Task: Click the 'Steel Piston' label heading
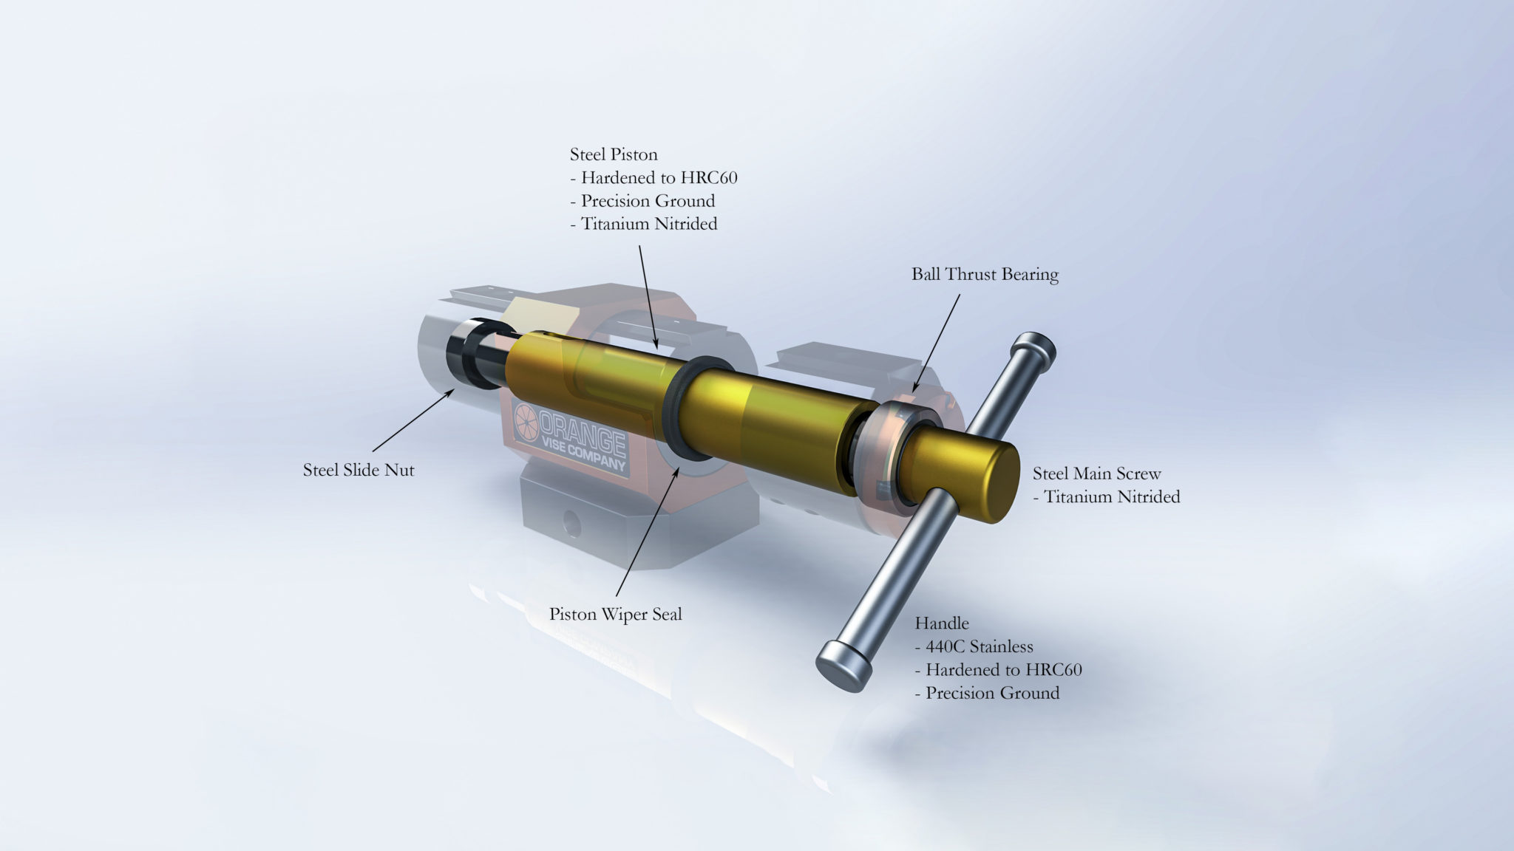point(613,154)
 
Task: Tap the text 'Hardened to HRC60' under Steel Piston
point(659,178)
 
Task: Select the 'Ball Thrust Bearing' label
point(985,274)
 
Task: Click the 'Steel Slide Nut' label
point(359,470)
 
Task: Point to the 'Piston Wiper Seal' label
point(615,614)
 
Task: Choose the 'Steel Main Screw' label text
point(1096,474)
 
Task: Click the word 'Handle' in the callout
point(941,623)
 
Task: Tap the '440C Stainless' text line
point(979,646)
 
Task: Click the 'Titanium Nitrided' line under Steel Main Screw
point(1111,497)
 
